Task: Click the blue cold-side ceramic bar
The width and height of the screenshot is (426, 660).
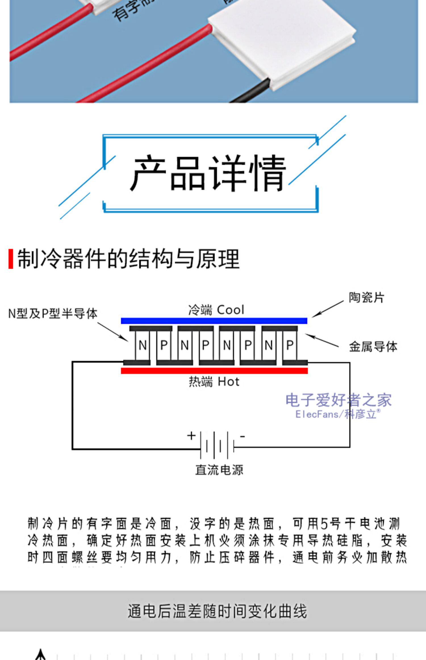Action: pos(214,321)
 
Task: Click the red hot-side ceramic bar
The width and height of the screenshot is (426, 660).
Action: pos(214,371)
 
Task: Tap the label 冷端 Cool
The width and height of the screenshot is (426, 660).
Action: pos(216,310)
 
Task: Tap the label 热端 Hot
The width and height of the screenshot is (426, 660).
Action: pos(214,381)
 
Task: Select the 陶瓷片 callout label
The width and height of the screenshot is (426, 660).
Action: pos(366,298)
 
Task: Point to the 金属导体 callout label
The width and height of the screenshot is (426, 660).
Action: pos(373,347)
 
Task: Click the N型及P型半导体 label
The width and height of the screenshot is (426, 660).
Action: pos(53,314)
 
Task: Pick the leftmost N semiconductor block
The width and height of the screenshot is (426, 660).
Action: pos(143,345)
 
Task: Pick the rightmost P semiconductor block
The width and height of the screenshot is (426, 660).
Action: pos(290,345)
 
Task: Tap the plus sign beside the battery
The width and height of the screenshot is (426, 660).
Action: pos(191,435)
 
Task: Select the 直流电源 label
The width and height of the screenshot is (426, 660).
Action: pos(219,470)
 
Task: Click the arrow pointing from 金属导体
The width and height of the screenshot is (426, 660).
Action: pos(322,341)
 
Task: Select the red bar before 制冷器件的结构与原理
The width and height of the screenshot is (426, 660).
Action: pos(11,258)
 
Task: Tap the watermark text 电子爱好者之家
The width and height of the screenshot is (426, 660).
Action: pos(338,400)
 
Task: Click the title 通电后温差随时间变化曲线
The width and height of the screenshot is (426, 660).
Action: pos(217,611)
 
